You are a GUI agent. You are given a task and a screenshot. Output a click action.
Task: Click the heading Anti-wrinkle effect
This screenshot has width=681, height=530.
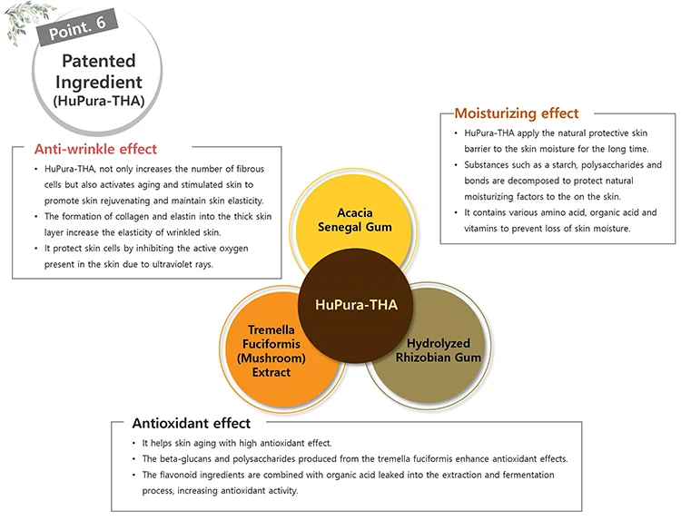[95, 149]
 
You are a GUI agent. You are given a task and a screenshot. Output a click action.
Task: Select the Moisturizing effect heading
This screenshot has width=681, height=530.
[516, 113]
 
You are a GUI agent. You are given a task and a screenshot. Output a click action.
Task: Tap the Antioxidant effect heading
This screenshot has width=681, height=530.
[192, 423]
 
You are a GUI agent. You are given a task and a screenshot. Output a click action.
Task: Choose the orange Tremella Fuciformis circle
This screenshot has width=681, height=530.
[269, 350]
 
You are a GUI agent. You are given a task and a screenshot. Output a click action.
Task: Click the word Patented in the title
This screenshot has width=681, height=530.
[98, 62]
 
